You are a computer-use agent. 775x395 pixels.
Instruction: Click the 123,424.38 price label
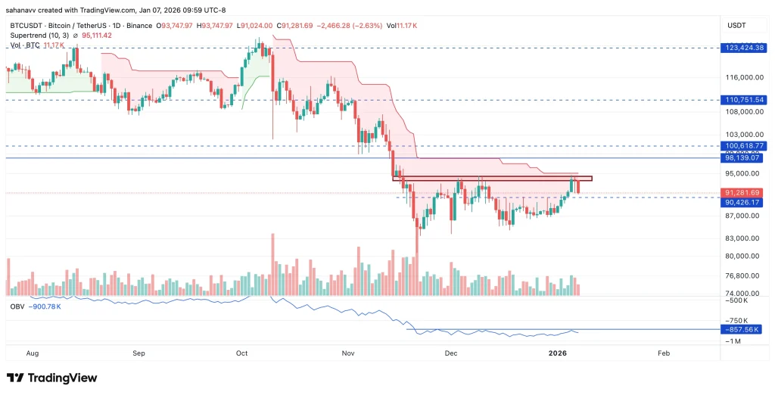click(x=745, y=48)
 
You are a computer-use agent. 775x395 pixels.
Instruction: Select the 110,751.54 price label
click(x=745, y=100)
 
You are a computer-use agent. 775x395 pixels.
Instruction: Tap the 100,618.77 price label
click(x=745, y=145)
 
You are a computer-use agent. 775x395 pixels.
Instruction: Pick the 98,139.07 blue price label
click(x=745, y=158)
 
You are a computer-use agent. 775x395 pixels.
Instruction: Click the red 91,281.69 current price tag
click(x=745, y=193)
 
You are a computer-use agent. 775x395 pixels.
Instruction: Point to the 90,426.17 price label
click(x=745, y=202)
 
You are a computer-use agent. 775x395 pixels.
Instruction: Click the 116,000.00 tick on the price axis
click(x=743, y=77)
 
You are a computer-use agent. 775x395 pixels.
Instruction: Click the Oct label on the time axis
click(x=242, y=353)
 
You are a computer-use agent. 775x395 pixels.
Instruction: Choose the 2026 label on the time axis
click(x=558, y=353)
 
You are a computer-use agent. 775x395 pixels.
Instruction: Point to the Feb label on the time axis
click(x=664, y=353)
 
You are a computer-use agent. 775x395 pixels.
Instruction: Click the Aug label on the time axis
click(x=33, y=353)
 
